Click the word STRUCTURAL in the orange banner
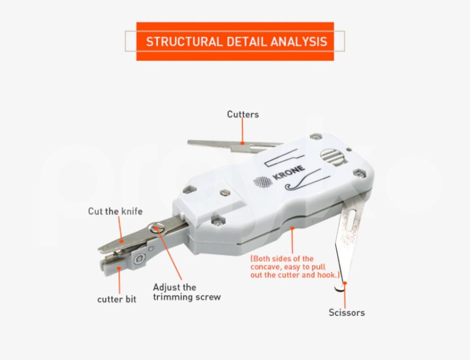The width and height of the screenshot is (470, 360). pos(184,41)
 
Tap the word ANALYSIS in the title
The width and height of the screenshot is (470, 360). pos(298,41)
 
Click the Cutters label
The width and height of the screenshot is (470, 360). pos(243,114)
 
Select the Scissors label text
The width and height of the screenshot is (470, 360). pos(347,312)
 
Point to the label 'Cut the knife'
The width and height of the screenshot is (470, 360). pos(115,211)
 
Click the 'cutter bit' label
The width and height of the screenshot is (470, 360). pos(117,299)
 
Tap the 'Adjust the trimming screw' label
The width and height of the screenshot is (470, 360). pos(187,292)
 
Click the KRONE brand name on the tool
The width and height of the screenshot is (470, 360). pos(289,173)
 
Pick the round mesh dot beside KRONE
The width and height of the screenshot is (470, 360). pos(263,182)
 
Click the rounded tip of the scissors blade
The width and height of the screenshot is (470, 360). pos(340,288)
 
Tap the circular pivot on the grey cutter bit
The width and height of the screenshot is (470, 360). pos(140,259)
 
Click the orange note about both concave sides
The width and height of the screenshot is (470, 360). pos(295,267)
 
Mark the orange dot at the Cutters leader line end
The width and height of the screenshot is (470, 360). pos(242,143)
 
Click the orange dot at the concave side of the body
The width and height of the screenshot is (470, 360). pos(292,228)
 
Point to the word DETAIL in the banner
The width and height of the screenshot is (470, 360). pos(246,41)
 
